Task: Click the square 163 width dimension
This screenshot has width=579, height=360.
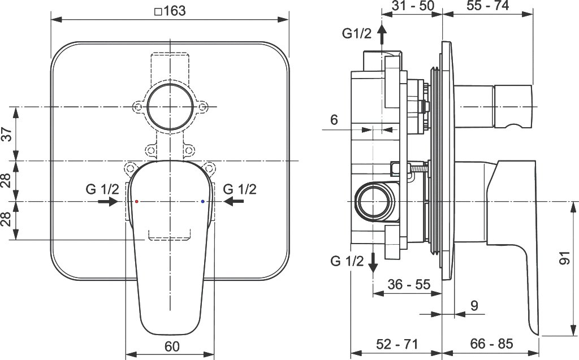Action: (170, 11)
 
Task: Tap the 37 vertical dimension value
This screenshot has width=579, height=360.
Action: (7, 133)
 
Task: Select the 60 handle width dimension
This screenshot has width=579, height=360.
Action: (172, 346)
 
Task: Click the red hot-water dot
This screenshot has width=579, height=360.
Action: (137, 202)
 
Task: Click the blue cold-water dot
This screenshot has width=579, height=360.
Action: (202, 202)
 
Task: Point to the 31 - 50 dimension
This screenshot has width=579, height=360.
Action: (413, 6)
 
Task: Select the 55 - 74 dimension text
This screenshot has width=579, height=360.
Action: (488, 6)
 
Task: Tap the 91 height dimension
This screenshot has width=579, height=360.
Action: (565, 258)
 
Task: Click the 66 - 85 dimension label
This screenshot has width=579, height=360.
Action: (491, 344)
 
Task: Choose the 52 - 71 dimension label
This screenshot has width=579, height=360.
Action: (397, 344)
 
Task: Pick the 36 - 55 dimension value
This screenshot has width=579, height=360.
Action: (409, 284)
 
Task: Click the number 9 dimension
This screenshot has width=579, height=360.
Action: (474, 306)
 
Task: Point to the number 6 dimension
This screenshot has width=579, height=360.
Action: (334, 120)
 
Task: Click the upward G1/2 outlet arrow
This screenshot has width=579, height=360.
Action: (382, 34)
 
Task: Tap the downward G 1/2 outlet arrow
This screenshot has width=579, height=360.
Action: (373, 263)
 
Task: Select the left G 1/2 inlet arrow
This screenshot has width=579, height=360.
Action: (108, 202)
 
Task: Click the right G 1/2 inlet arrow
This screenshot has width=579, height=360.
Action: (234, 202)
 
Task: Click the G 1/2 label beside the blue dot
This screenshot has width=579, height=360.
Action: (240, 189)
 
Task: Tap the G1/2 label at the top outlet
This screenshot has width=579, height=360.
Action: (357, 33)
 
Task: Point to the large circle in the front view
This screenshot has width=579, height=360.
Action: (147, 106)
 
